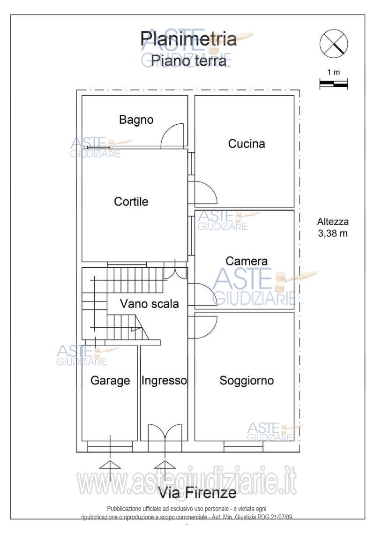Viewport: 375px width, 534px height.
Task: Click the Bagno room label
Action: click(136, 120)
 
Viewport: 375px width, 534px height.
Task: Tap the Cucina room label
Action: click(246, 143)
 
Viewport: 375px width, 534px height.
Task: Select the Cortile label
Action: click(131, 202)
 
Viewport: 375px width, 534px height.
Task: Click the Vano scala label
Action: click(149, 303)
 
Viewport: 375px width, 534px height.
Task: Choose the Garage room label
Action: click(110, 381)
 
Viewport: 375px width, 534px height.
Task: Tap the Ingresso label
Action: click(164, 381)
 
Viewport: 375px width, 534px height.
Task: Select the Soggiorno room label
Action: click(247, 381)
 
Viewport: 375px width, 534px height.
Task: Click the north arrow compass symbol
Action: click(333, 43)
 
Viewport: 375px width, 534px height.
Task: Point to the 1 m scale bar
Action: click(333, 84)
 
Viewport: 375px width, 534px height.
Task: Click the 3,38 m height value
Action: click(333, 234)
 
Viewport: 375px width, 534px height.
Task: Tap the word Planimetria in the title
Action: click(189, 38)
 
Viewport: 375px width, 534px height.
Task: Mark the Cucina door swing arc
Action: click(205, 193)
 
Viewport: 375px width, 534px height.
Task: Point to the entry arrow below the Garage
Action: click(110, 469)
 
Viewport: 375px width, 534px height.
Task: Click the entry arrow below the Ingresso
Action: click(165, 469)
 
